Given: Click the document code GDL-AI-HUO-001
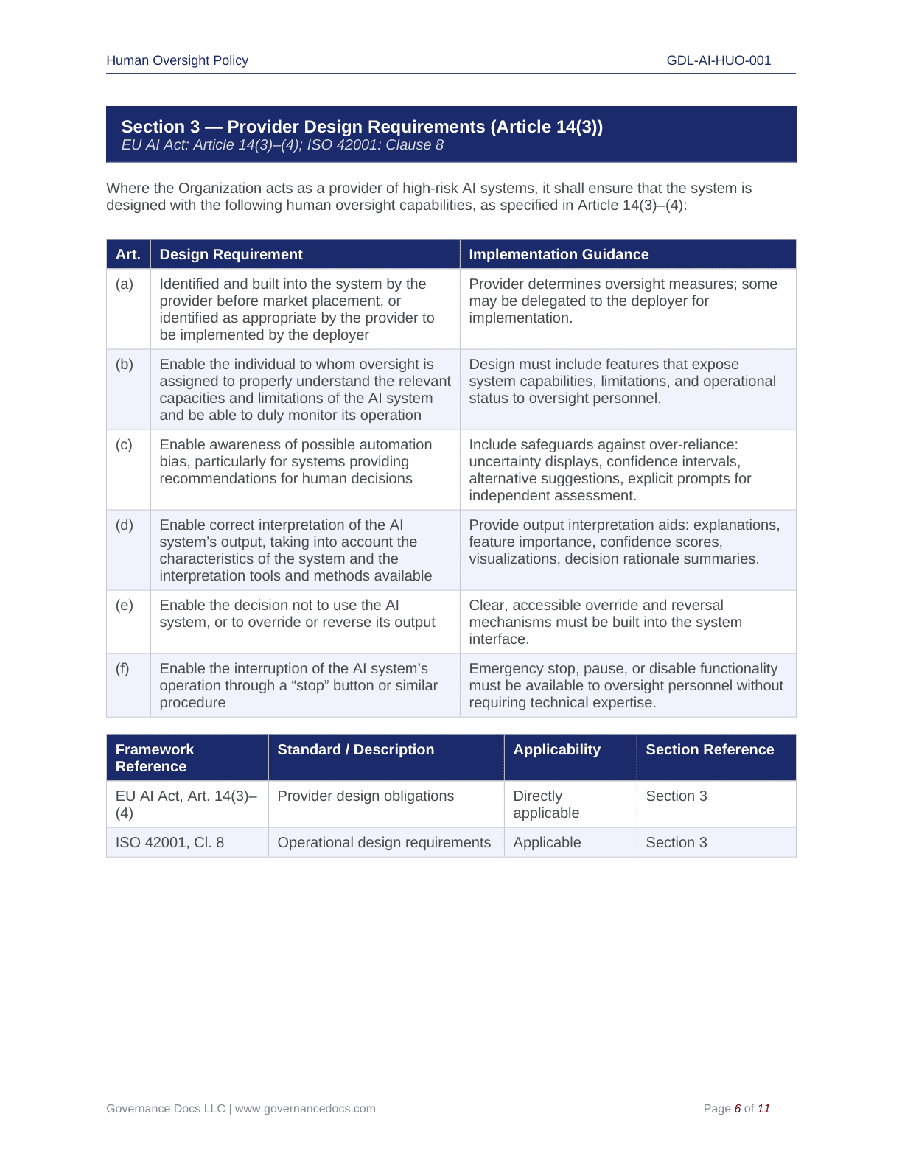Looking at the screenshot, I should coord(719,60).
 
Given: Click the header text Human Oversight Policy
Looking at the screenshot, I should coord(177,60).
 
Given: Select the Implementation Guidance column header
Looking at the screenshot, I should coord(559,254).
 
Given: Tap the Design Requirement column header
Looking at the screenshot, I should coord(231,254).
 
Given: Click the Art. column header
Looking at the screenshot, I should coord(128,254).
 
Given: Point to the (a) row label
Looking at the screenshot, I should coord(125,284).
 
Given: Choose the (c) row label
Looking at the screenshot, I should coord(125,444).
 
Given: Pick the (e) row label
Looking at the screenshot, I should coord(125,605).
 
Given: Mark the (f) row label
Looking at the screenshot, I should coord(122,668).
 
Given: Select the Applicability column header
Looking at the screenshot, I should coord(556,749).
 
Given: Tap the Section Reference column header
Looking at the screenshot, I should coord(710,749).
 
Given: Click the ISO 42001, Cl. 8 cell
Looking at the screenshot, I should coord(169,842).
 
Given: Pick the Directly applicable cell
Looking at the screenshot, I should coord(546,804).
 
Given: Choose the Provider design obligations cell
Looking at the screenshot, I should coord(366,796).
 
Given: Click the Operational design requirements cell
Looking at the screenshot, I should coord(384,842).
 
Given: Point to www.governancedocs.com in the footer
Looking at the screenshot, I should coord(305,1108).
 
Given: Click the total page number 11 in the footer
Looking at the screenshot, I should coord(763,1108).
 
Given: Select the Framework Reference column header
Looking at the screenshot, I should coord(155,757).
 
